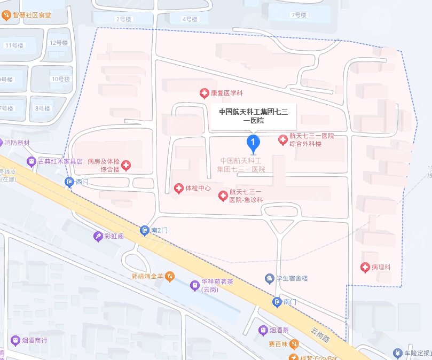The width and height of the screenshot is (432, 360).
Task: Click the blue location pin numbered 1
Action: pos(253,142)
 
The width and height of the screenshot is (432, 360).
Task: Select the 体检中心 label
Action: pos(198,188)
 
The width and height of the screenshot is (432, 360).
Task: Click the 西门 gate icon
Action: pos(69,182)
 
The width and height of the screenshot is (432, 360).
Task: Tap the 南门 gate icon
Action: pos(277,302)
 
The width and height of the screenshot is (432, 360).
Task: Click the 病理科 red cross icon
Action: pos(365,267)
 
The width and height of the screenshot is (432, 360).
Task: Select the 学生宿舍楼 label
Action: pos(292,278)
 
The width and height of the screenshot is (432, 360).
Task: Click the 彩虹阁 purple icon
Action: pos(98,236)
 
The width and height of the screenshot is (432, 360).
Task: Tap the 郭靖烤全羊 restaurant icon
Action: pos(169,276)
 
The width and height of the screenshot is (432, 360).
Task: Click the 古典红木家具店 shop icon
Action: pos(32,160)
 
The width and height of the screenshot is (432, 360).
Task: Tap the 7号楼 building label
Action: pos(297,15)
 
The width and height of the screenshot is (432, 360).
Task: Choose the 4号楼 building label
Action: pos(190,19)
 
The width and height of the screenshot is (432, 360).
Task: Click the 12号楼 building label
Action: pos(56,42)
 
